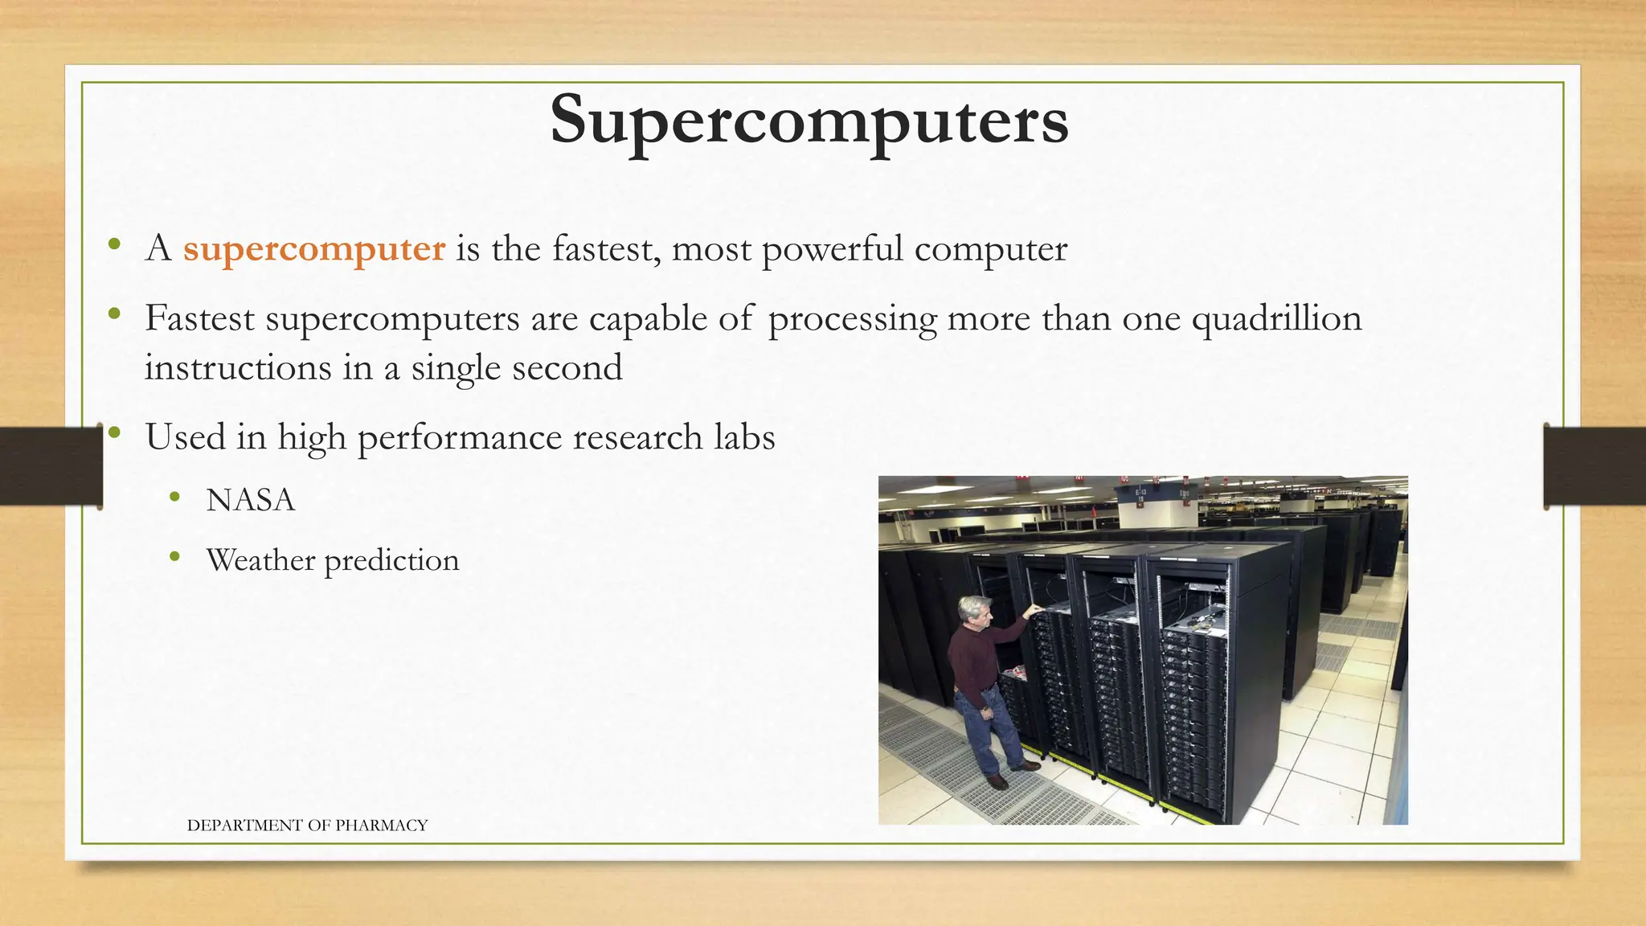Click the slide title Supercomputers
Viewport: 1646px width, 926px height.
tap(809, 121)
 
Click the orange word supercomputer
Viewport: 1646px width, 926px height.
tap(313, 249)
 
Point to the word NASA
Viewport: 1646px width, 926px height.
tap(251, 501)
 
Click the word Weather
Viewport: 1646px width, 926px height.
tap(260, 560)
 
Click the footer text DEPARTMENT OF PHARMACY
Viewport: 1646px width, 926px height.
tap(307, 826)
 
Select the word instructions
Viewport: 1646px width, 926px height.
tap(238, 369)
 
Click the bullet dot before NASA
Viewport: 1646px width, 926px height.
tap(174, 498)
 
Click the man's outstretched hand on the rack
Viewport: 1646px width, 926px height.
tap(1034, 611)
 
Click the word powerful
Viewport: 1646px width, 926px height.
tap(832, 249)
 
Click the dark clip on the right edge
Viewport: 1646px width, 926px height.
tap(1595, 466)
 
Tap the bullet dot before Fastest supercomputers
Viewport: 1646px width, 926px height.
tap(114, 314)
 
